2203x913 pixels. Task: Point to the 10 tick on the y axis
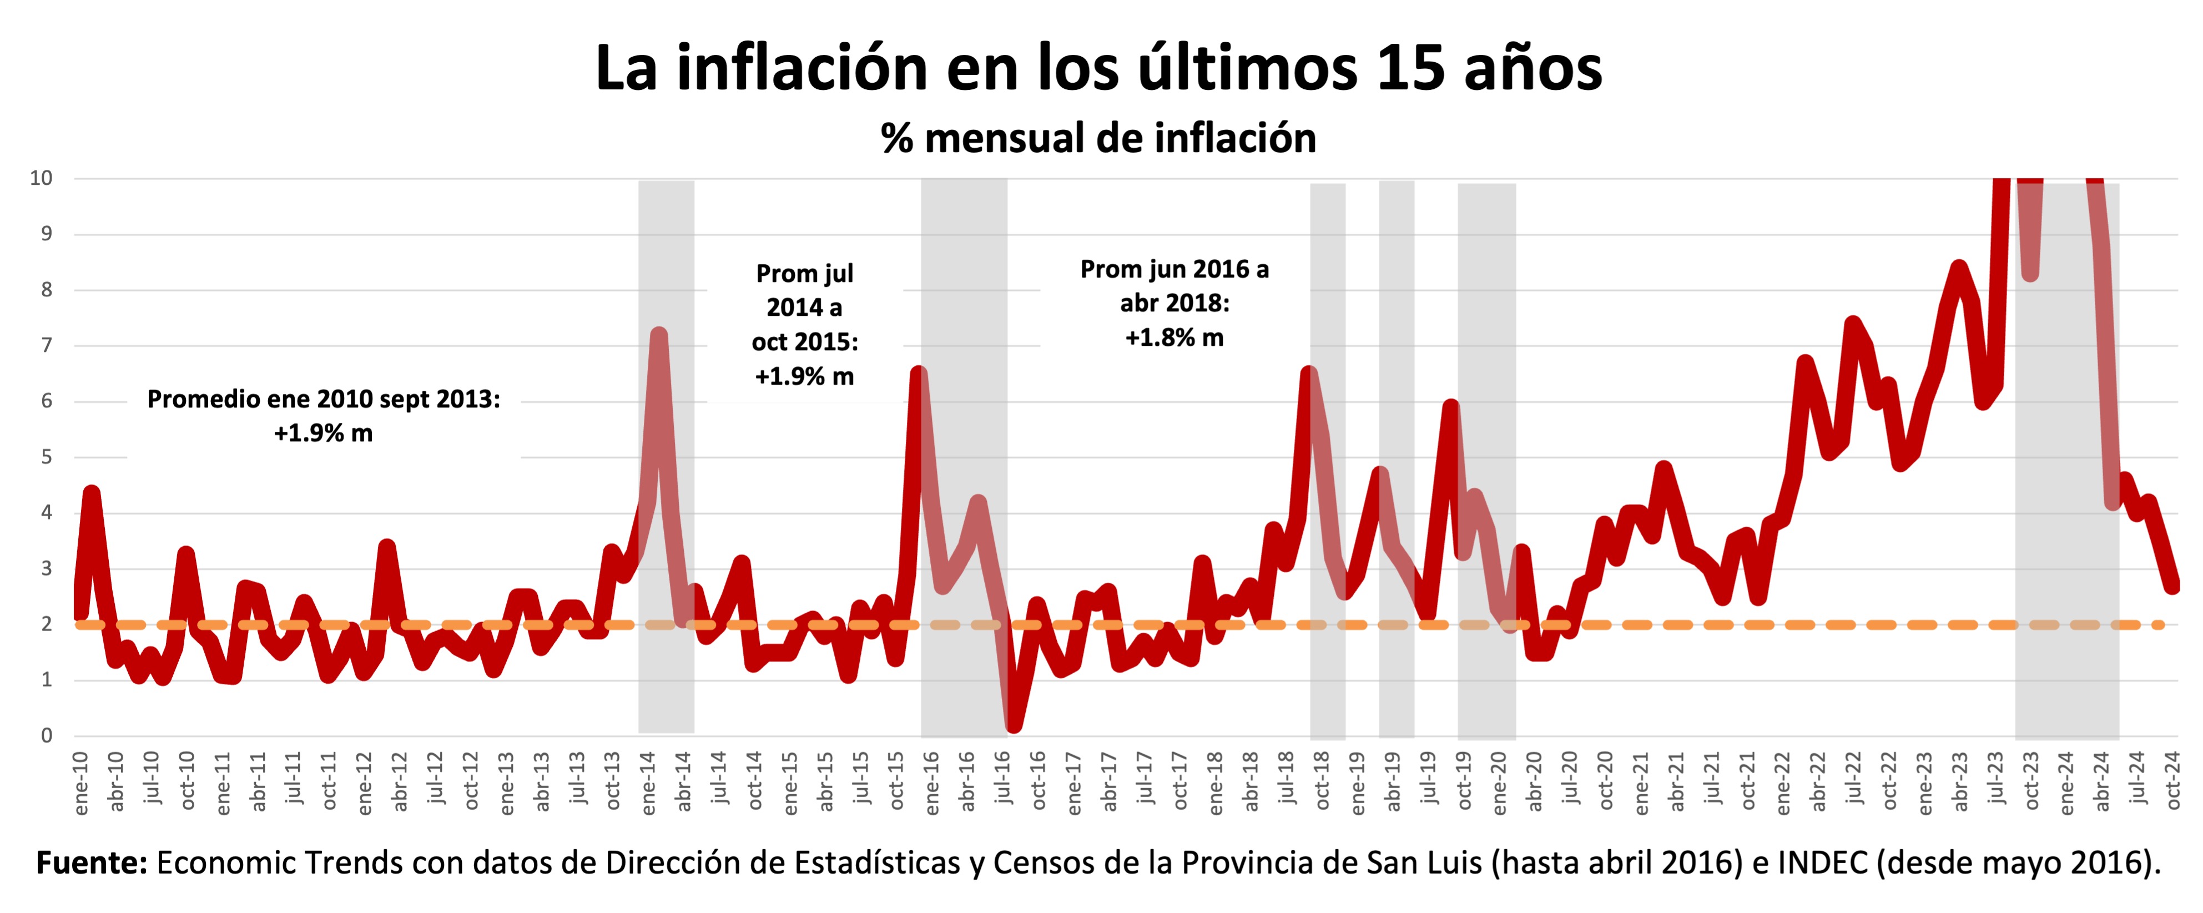[41, 179]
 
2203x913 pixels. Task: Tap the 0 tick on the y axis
[46, 736]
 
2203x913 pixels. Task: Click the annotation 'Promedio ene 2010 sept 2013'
[323, 399]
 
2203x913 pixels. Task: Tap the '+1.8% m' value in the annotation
[1174, 337]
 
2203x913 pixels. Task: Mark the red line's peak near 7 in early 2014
[658, 335]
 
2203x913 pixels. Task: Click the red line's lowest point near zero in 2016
[1014, 725]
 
